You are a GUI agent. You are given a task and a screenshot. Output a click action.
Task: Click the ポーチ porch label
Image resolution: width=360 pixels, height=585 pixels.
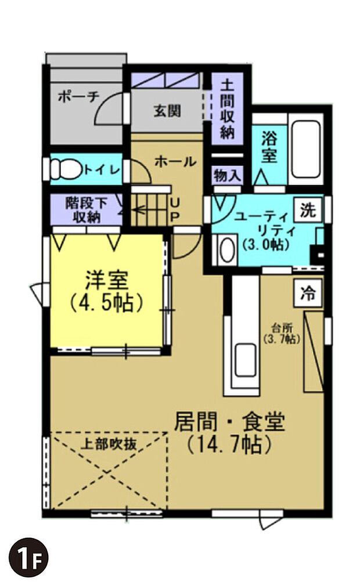[78, 98]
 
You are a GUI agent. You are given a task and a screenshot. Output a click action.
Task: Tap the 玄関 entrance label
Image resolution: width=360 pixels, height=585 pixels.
[167, 110]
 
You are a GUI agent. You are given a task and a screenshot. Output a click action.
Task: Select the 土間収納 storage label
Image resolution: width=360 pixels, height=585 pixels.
[226, 109]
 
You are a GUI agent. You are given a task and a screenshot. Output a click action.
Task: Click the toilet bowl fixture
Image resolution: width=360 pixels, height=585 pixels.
[65, 169]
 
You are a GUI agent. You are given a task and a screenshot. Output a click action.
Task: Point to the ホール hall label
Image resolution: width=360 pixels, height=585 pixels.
[175, 162]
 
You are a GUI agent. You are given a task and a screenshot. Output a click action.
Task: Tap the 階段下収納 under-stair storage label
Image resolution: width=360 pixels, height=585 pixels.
[87, 210]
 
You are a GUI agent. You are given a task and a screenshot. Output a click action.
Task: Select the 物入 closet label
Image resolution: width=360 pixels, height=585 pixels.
[226, 174]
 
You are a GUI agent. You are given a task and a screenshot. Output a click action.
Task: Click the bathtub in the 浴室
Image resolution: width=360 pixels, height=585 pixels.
[306, 149]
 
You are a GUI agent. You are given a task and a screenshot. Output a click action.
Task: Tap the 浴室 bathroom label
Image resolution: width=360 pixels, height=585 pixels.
[269, 147]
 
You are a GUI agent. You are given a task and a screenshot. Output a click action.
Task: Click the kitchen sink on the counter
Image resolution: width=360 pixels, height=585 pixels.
[245, 360]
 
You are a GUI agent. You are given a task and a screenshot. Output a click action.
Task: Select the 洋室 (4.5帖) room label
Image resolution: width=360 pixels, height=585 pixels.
[106, 291]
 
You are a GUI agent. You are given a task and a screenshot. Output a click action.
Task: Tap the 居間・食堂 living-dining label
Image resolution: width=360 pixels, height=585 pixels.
[229, 432]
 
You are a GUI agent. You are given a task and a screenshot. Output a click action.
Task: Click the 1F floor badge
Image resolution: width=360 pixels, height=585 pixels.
[28, 557]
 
